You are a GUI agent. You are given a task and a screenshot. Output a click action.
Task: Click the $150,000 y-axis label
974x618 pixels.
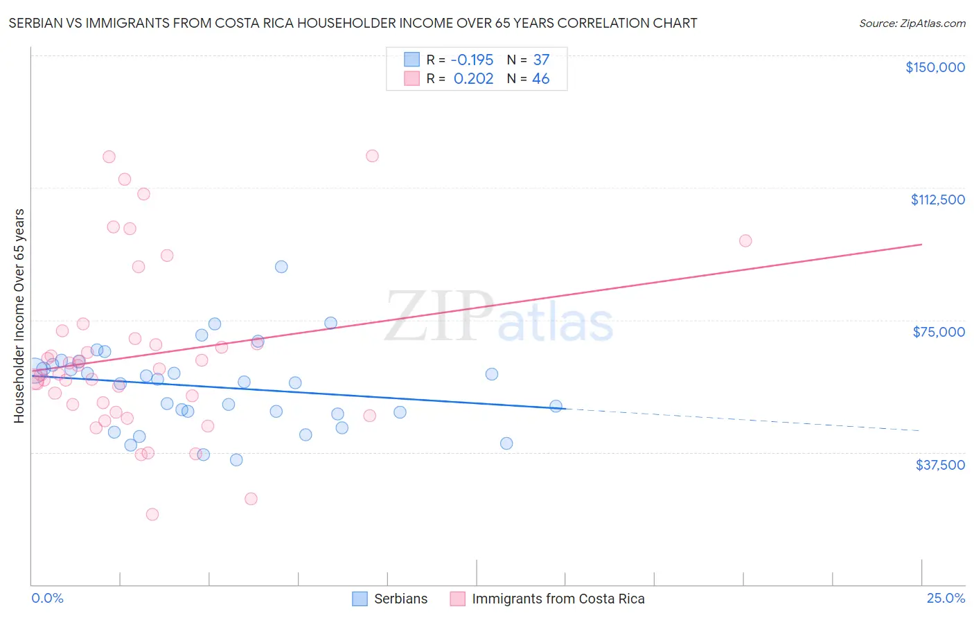point(935,67)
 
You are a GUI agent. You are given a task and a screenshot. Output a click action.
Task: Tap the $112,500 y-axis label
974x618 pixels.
point(937,200)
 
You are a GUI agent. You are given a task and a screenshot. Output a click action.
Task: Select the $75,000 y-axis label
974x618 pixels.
point(939,332)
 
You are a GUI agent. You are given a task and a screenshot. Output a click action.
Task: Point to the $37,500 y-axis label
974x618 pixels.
point(940,465)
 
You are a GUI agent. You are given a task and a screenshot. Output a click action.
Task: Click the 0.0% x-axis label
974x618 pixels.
point(47,598)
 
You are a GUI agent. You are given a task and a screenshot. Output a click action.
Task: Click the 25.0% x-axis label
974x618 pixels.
point(946,598)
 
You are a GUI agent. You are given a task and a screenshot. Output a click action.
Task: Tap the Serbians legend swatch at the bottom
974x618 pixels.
point(360,599)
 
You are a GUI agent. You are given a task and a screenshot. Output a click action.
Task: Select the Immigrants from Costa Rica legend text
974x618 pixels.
point(558,599)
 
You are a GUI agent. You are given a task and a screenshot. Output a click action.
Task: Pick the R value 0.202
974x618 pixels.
point(473,79)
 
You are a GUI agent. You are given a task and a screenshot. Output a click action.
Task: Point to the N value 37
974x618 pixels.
point(541,60)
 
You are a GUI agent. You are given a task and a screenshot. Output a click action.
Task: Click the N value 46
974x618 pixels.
point(541,79)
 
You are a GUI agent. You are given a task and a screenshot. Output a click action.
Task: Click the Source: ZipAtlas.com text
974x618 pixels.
point(912,24)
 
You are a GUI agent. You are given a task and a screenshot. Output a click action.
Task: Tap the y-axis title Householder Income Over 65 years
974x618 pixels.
point(19,316)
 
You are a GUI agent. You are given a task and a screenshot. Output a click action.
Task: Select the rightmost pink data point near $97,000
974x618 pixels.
point(745,241)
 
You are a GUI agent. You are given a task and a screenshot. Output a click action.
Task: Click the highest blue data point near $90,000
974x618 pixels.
point(281,267)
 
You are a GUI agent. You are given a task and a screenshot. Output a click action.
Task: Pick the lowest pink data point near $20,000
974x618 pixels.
point(152,514)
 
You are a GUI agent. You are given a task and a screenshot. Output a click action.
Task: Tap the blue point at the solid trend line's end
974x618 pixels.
point(556,406)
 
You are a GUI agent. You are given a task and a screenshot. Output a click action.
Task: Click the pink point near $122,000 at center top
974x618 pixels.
point(372,156)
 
